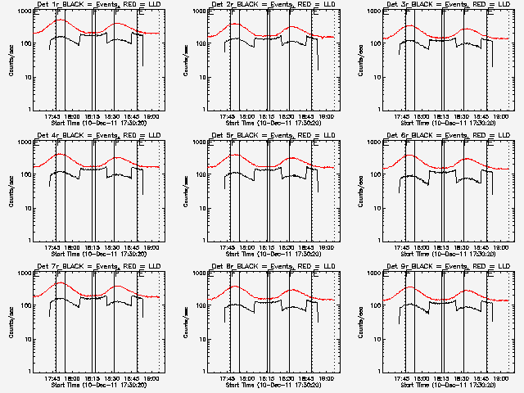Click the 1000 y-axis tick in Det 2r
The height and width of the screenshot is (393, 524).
[198, 12]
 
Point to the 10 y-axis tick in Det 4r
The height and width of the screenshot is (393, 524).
[25, 208]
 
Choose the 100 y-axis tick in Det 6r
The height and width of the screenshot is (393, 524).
[375, 175]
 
